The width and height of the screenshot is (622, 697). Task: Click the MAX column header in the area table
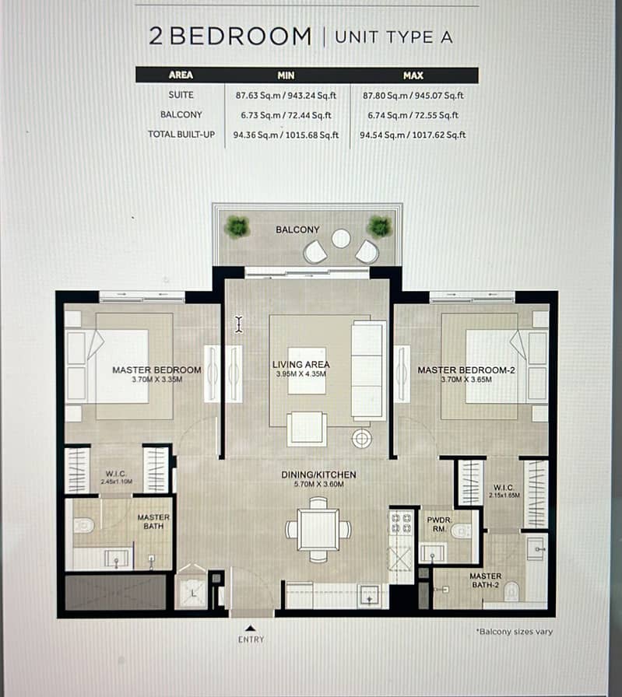click(413, 75)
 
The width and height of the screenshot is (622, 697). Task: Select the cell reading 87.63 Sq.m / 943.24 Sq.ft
click(286, 96)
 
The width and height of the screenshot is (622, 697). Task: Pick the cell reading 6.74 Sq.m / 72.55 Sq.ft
click(413, 115)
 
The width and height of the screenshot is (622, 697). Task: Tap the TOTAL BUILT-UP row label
click(181, 135)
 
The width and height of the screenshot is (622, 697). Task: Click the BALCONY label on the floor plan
click(297, 229)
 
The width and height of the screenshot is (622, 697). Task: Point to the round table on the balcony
click(341, 239)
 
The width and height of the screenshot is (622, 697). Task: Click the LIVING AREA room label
click(301, 365)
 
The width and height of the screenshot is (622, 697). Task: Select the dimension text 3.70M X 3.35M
click(156, 380)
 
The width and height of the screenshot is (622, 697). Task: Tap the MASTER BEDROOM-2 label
click(466, 370)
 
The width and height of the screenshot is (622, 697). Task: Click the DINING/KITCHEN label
click(318, 475)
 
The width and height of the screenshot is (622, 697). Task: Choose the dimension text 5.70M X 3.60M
click(318, 484)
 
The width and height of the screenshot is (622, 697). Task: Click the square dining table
click(318, 530)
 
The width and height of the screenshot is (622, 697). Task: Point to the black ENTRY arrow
click(250, 628)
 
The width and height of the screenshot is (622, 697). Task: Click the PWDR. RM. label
click(439, 524)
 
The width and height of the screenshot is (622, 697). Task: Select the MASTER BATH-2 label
click(485, 580)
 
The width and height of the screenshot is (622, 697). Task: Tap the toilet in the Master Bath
click(83, 526)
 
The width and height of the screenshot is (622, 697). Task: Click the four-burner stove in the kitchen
click(401, 524)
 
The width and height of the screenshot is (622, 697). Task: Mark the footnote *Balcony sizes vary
click(515, 632)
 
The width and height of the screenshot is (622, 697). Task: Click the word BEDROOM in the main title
click(241, 37)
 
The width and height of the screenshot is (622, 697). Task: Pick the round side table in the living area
click(362, 440)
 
